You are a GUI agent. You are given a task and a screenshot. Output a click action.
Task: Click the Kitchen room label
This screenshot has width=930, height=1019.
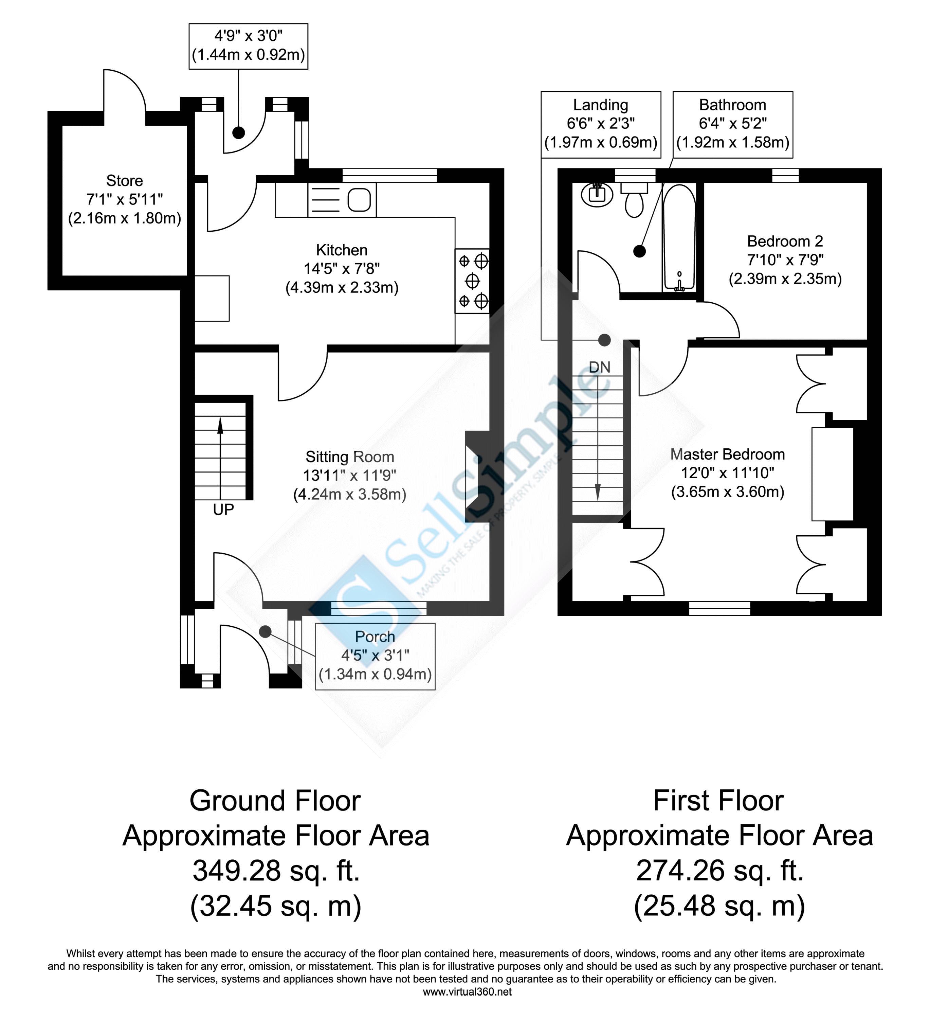pos(342,250)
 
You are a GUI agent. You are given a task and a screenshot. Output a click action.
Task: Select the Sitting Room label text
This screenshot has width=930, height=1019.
pos(350,457)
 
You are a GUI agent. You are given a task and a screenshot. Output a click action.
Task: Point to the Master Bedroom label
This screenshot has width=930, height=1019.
pos(727,454)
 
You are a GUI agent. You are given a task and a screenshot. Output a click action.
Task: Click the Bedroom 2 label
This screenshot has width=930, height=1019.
pos(785,241)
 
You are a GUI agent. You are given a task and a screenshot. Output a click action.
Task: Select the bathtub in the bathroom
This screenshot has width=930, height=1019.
pos(679,237)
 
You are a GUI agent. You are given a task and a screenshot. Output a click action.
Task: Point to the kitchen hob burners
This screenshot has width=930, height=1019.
pos(472,281)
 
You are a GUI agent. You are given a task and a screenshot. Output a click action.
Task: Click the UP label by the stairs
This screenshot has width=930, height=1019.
pos(223,509)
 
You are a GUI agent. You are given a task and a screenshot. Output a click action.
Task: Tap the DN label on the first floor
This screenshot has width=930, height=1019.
pos(600,367)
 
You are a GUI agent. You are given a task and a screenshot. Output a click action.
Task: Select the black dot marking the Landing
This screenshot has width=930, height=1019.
pos(604,340)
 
